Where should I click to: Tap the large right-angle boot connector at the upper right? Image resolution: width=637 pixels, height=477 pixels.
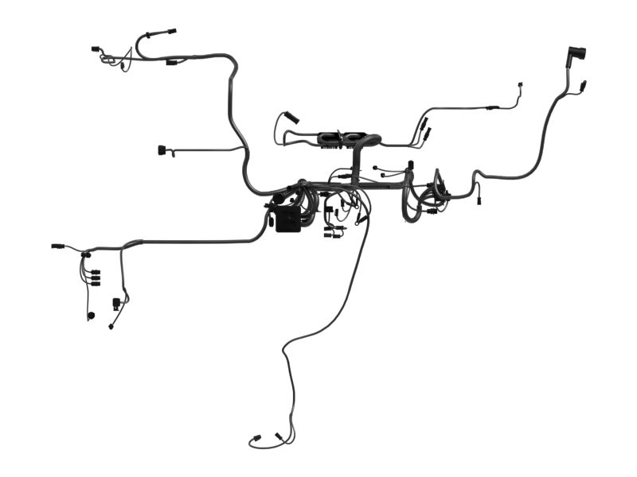point(575,55)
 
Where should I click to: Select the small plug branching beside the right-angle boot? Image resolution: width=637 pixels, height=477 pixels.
point(584,84)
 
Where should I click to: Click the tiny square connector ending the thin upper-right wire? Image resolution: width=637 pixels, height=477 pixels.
point(520,83)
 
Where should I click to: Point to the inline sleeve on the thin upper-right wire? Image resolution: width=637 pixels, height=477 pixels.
point(493,107)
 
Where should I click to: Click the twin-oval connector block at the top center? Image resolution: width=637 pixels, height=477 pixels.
point(342,138)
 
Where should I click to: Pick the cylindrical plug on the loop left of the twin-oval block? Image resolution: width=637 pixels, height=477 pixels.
point(291,117)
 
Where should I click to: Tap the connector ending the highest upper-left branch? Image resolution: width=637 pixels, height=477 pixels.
point(170,33)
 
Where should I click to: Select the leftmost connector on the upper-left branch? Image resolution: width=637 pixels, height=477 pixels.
point(96,49)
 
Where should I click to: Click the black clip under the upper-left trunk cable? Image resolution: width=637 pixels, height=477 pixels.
point(170,62)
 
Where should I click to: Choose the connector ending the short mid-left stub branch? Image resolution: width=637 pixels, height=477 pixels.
point(164,149)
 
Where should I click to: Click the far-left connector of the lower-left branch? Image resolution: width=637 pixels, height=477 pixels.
point(57,246)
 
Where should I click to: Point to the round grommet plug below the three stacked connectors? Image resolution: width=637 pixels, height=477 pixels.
point(90,316)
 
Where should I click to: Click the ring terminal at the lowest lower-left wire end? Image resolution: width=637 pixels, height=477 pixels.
point(111,326)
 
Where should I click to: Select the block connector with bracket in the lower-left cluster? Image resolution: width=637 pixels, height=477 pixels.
point(117,303)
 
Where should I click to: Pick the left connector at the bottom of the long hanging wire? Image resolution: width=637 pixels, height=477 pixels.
point(256,438)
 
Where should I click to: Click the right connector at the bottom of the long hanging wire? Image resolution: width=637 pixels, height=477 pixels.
point(279,436)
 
